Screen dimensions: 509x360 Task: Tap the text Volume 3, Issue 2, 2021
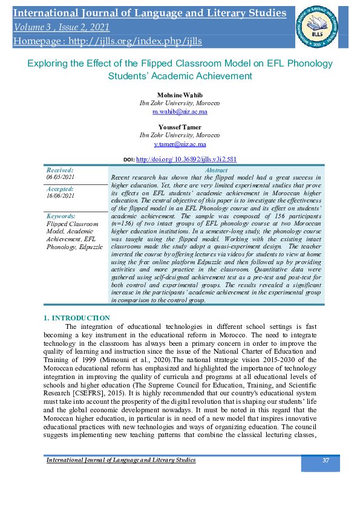click(x=61, y=27)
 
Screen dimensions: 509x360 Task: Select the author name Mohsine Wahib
click(x=181, y=96)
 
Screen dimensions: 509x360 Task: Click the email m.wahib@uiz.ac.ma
click(x=180, y=111)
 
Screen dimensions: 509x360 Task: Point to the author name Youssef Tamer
click(x=180, y=128)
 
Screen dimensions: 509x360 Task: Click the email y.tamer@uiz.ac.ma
click(x=180, y=144)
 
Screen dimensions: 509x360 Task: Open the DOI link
click(x=186, y=159)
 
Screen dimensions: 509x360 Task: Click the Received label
click(x=59, y=170)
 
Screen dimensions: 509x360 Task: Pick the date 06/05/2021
click(x=60, y=177)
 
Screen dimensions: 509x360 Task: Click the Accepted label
click(x=60, y=189)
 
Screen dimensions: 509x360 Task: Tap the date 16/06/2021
click(x=60, y=195)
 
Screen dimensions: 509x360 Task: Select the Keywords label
click(x=61, y=216)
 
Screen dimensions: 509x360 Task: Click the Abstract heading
click(x=216, y=170)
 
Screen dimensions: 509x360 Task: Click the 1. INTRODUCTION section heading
click(x=77, y=318)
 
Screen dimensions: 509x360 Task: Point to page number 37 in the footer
click(x=326, y=461)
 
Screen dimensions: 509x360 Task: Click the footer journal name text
click(x=121, y=461)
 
